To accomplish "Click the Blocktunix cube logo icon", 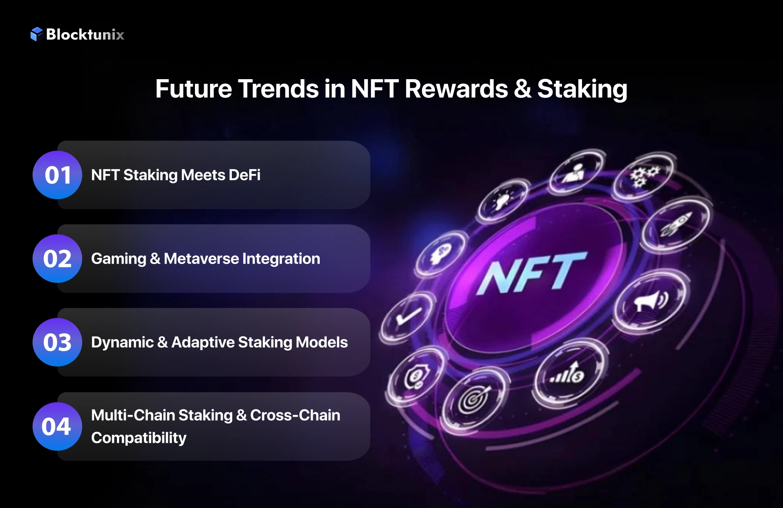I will pos(37,34).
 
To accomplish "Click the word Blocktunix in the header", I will pos(85,34).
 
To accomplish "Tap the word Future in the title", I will pos(194,89).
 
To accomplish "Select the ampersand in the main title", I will pos(522,89).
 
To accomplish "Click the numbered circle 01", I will pos(57,175).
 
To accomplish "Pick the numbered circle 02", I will pos(57,259).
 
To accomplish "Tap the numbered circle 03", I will pos(57,342).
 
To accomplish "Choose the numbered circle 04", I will pos(57,426).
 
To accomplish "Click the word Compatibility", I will pos(139,438).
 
